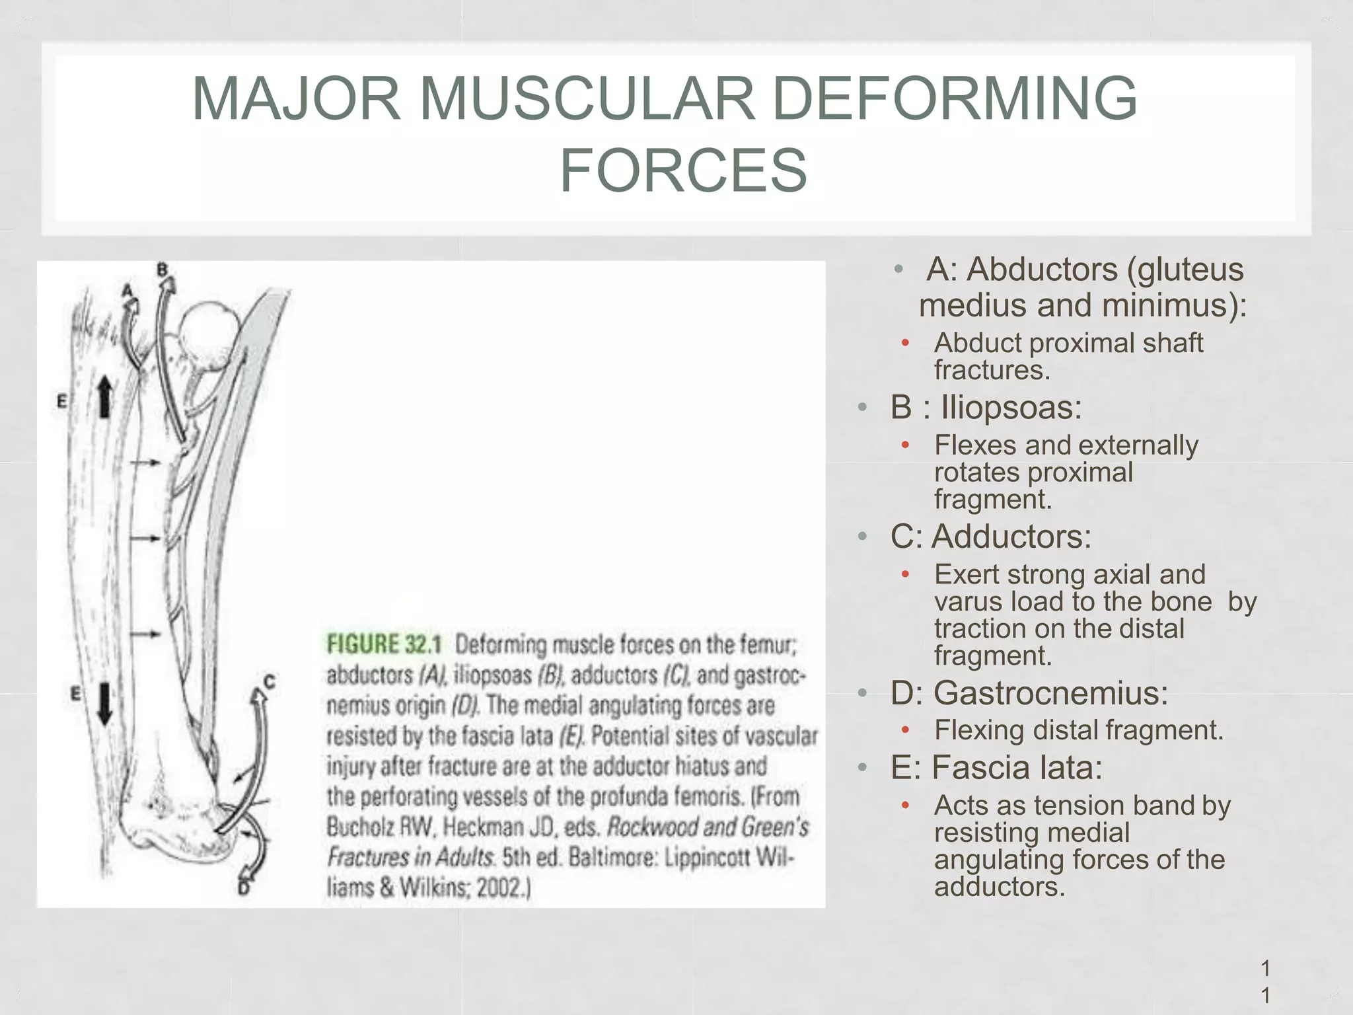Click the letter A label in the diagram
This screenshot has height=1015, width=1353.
[128, 290]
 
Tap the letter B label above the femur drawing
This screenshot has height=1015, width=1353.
[163, 270]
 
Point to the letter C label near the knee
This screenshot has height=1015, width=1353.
[269, 681]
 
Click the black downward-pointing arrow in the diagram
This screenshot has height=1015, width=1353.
[104, 704]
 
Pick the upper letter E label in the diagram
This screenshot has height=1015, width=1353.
[62, 401]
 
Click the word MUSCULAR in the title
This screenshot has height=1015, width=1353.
[587, 98]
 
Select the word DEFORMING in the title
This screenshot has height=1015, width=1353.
[955, 98]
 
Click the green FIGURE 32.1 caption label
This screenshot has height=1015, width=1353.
[384, 644]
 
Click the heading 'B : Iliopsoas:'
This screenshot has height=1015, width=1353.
[986, 406]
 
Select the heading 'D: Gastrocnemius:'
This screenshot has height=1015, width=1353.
[1029, 693]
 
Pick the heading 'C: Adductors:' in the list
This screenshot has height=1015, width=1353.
[990, 536]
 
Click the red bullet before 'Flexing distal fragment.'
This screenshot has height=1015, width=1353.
[906, 730]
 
